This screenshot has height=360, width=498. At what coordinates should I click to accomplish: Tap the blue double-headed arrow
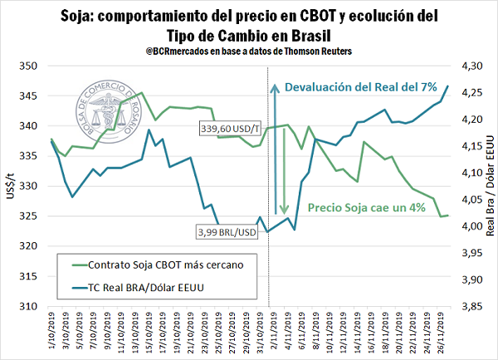[x=270, y=154]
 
